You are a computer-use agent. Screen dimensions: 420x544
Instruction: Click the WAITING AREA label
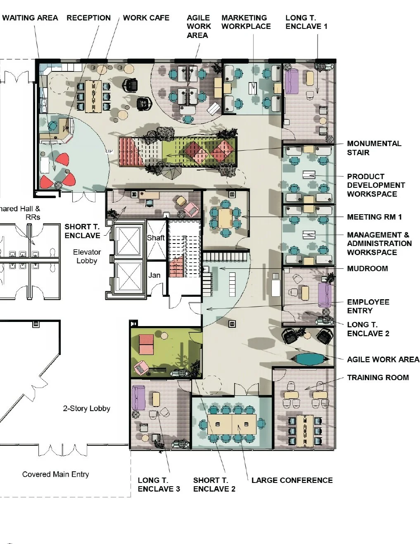pyautogui.click(x=30, y=18)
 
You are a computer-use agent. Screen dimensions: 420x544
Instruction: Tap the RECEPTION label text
pyautogui.click(x=89, y=18)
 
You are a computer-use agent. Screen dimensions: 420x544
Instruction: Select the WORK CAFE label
pyautogui.click(x=146, y=18)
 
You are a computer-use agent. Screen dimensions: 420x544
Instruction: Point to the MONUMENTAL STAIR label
pyautogui.click(x=374, y=148)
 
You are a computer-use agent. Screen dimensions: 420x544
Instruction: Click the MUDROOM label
pyautogui.click(x=368, y=269)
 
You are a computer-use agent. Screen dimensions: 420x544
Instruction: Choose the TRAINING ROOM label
pyautogui.click(x=378, y=377)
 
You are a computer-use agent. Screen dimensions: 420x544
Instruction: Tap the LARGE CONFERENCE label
pyautogui.click(x=292, y=480)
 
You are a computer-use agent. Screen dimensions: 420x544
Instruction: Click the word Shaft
pyautogui.click(x=156, y=238)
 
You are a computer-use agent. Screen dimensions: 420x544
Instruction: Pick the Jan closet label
pyautogui.click(x=154, y=275)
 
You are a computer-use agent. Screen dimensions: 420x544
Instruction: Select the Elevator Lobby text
pyautogui.click(x=87, y=256)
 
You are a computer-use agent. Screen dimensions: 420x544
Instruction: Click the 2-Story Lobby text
pyautogui.click(x=86, y=408)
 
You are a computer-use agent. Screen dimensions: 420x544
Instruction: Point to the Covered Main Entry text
pyautogui.click(x=56, y=474)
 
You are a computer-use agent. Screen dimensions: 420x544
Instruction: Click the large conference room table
pyautogui.click(x=232, y=424)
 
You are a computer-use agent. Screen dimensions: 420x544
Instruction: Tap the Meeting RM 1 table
pyautogui.click(x=225, y=218)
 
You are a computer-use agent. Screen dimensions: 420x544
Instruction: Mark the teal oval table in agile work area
pyautogui.click(x=310, y=359)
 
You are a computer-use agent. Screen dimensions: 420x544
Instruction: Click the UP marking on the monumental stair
pyautogui.click(x=109, y=151)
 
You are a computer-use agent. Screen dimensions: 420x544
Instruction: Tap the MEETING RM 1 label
pyautogui.click(x=374, y=217)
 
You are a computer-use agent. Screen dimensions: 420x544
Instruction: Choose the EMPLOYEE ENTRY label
pyautogui.click(x=368, y=306)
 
